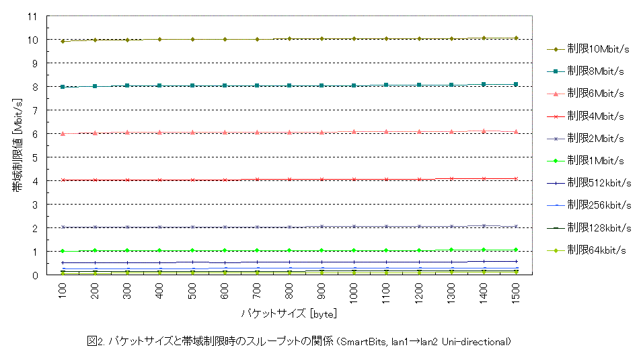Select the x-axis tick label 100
[x=63, y=291]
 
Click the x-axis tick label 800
[x=289, y=291]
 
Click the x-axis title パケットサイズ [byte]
[x=289, y=314]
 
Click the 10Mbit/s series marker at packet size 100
[x=63, y=42]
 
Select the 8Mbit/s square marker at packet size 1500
[x=516, y=84]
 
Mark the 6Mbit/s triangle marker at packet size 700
[x=257, y=133]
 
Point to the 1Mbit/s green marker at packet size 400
[x=159, y=250]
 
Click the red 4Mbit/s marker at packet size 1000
[x=354, y=180]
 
